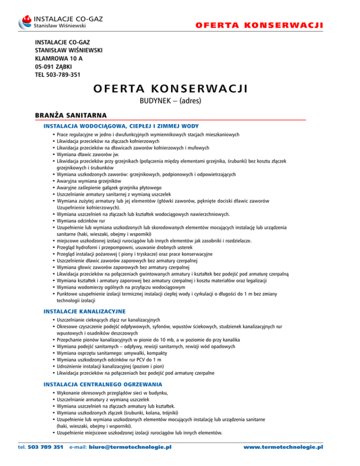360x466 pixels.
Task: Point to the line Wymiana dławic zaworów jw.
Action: click(87, 154)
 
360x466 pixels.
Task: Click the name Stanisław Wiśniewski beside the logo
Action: click(62, 26)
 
